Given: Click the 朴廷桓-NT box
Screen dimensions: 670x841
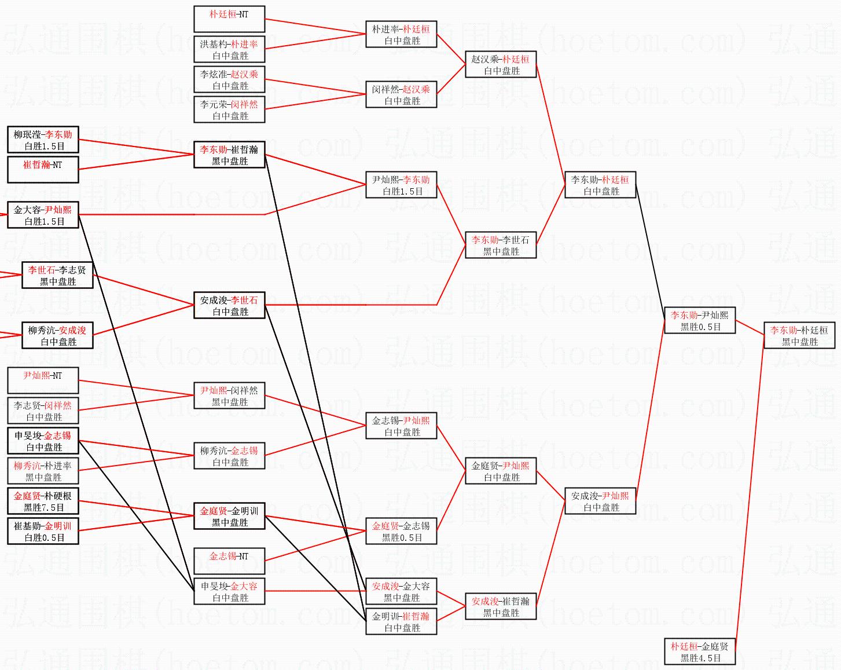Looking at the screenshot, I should click(x=229, y=19).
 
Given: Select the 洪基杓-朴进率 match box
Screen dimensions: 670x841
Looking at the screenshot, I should click(x=229, y=50).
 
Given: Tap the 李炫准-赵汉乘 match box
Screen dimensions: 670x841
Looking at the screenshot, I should click(x=229, y=80).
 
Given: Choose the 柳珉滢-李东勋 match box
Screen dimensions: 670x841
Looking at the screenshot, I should click(x=43, y=140).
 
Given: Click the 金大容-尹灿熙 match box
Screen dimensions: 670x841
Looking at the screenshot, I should click(x=43, y=215).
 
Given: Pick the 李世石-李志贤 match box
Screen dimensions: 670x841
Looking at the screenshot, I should click(x=58, y=276).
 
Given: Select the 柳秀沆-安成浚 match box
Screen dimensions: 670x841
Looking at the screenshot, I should click(x=58, y=336).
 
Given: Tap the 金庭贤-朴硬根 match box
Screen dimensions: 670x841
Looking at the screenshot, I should click(x=43, y=501).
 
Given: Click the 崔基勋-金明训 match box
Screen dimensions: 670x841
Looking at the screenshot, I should click(x=43, y=532).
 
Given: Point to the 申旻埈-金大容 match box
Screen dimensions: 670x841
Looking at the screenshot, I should click(x=229, y=592).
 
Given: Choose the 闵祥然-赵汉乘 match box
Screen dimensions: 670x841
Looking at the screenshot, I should click(x=401, y=95).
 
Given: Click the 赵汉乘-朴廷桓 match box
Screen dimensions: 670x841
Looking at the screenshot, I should click(x=501, y=65).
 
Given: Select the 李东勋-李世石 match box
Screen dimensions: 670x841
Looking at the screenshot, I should click(x=501, y=246).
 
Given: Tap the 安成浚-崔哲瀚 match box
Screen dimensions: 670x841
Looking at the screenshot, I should click(x=501, y=607).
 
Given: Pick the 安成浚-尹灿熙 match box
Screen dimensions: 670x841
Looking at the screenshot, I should click(x=600, y=501).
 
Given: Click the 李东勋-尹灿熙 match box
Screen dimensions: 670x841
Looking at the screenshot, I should click(x=700, y=321).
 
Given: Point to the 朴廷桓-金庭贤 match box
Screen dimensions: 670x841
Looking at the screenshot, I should click(x=700, y=652).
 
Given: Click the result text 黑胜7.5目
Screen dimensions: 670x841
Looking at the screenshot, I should click(x=44, y=508).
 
